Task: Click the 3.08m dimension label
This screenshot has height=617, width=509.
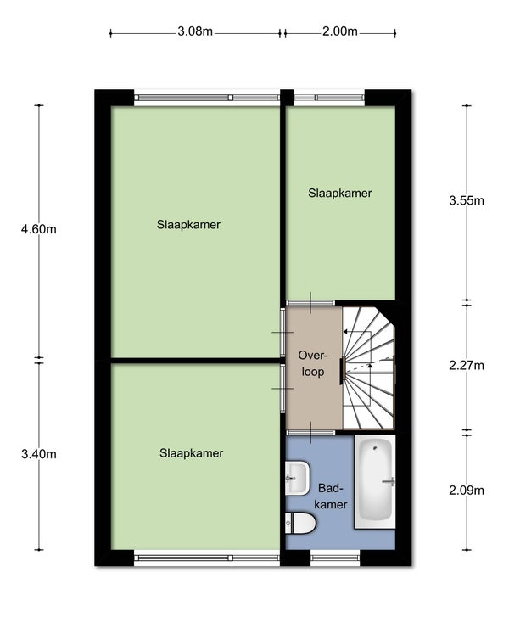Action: coord(195,31)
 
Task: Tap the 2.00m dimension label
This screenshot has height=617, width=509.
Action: coord(340,31)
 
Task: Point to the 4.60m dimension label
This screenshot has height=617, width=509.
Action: coord(38,229)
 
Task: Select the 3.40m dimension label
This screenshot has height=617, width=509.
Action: coord(38,454)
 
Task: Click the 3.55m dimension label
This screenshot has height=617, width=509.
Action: coord(467,200)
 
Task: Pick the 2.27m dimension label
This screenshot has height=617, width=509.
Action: coord(467,366)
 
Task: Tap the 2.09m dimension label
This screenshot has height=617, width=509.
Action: coord(467,491)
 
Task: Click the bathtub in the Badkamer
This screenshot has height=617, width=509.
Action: coord(375,482)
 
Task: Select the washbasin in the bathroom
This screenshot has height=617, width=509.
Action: coord(297,478)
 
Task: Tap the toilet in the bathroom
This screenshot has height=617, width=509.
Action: coord(300,523)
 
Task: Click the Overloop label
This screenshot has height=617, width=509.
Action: coord(313,363)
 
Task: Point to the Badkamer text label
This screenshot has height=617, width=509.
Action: coord(330,496)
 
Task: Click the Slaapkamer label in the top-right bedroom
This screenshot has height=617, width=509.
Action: coord(340,194)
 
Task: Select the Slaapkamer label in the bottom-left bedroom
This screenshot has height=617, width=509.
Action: coord(191,453)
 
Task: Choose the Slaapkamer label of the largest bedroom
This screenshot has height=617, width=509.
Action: coord(188,225)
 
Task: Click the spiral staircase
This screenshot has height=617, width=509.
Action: coord(368,367)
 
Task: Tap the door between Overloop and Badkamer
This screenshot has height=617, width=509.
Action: coord(310,433)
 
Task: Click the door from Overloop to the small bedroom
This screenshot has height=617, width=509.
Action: coord(310,303)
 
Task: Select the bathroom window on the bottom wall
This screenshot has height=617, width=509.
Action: coord(335,558)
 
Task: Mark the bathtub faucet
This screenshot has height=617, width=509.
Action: coord(389,481)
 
